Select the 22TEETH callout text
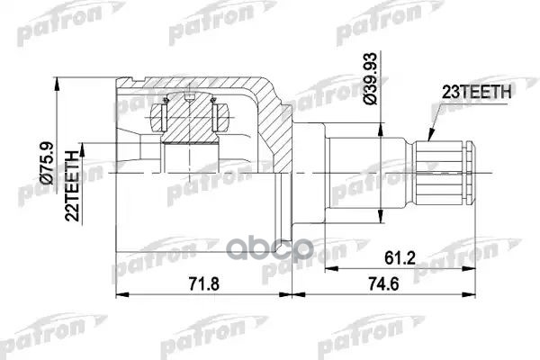tap(76, 173)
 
